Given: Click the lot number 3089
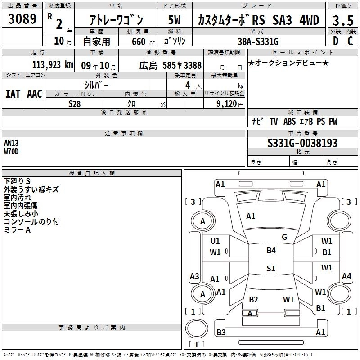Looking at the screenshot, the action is pyautogui.click(x=22, y=18).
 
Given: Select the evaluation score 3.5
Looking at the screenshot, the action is pyautogui.click(x=343, y=20).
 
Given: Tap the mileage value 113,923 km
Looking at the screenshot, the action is pyautogui.click(x=53, y=65).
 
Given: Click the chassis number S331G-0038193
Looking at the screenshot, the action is pyautogui.click(x=302, y=143).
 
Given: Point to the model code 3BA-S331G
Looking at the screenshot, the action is pyautogui.click(x=258, y=41).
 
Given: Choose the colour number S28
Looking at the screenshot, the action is pyautogui.click(x=75, y=104).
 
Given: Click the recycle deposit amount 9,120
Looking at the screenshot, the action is pyautogui.click(x=227, y=104).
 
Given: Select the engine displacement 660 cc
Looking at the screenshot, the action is pyautogui.click(x=143, y=41).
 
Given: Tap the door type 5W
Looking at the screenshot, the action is pyautogui.click(x=174, y=20).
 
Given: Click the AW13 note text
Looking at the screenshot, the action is pyautogui.click(x=11, y=143).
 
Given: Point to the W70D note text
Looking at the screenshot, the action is pyautogui.click(x=11, y=152).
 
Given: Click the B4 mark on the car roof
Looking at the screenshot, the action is pyautogui.click(x=271, y=250).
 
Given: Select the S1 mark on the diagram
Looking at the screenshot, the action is pyautogui.click(x=271, y=268).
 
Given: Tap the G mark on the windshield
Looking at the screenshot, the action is pyautogui.click(x=284, y=237).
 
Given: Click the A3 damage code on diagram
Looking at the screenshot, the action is pyautogui.click(x=194, y=276).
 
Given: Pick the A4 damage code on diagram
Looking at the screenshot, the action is pyautogui.click(x=346, y=276).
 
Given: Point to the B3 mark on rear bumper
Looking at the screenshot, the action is pyautogui.click(x=221, y=332).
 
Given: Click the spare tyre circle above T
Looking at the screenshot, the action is pyautogui.click(x=197, y=328).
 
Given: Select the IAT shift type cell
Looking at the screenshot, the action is pyautogui.click(x=13, y=94).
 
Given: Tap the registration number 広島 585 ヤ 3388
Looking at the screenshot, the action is pyautogui.click(x=171, y=65).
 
